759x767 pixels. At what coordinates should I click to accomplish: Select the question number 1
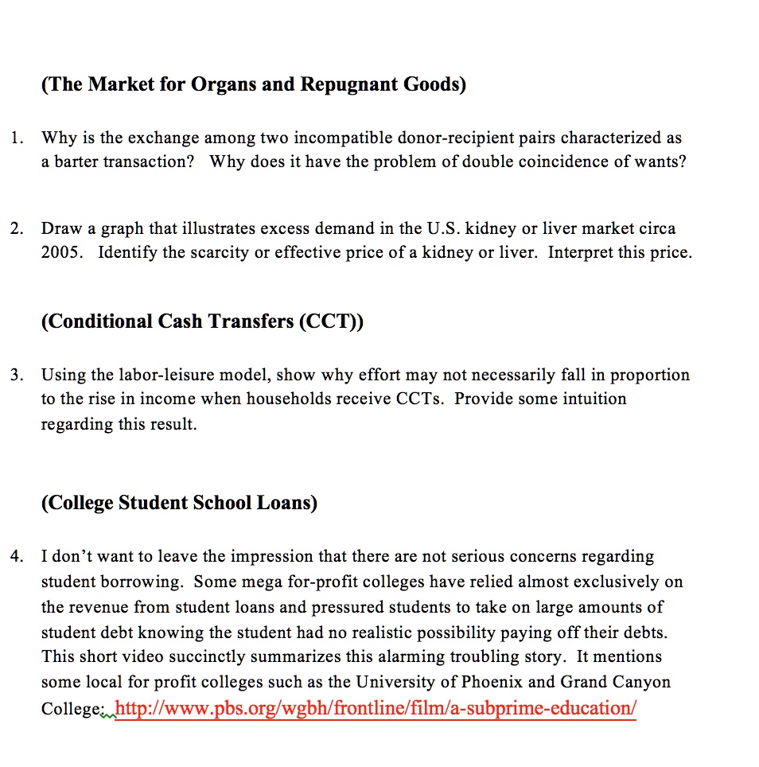click(x=16, y=138)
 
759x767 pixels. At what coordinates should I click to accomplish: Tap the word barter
click(x=78, y=162)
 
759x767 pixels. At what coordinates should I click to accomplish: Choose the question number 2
click(x=16, y=229)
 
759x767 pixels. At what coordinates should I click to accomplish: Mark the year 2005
click(x=60, y=253)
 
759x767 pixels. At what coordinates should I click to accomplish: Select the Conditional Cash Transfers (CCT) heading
click(x=202, y=321)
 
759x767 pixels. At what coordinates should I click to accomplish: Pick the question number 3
click(x=16, y=375)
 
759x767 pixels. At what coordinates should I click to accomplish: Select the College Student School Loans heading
click(x=179, y=503)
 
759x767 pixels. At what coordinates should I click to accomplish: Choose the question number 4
click(x=16, y=556)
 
